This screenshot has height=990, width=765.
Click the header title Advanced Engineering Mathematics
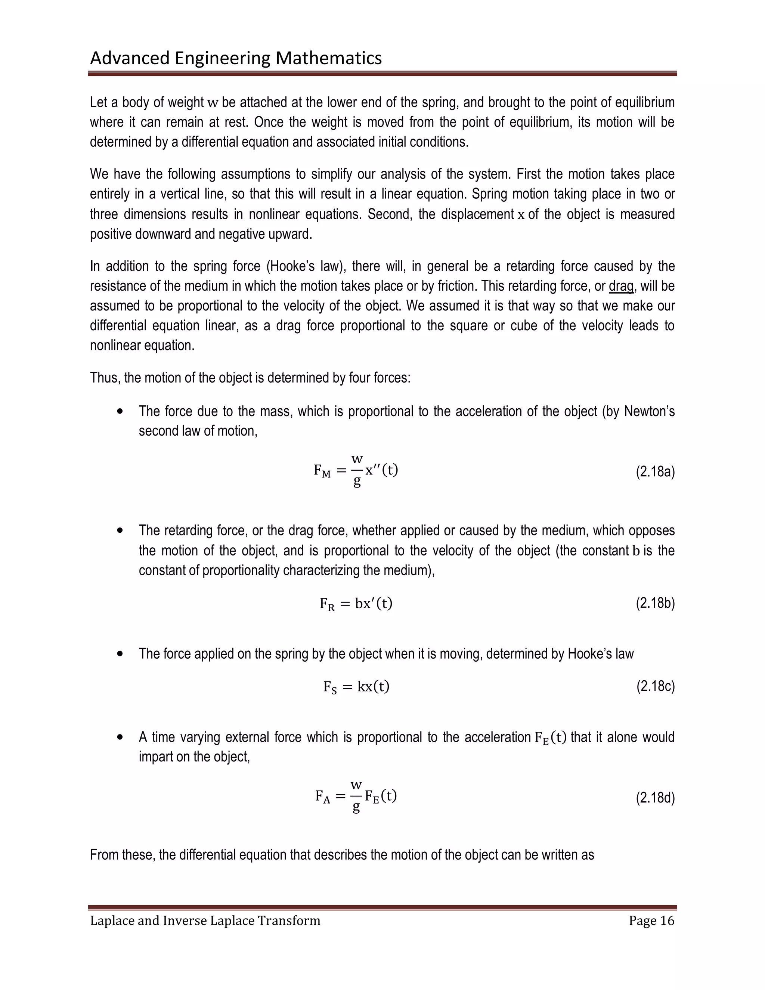[x=236, y=58]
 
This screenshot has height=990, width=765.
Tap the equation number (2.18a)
[x=655, y=472]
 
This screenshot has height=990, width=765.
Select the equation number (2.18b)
[x=655, y=603]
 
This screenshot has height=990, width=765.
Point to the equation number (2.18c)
[x=655, y=687]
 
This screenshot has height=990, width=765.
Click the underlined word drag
[x=621, y=286]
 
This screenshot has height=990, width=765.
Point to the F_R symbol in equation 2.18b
[x=327, y=604]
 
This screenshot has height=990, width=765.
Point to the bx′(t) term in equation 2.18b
[x=374, y=604]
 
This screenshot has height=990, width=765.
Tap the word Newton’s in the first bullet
[x=649, y=411]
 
